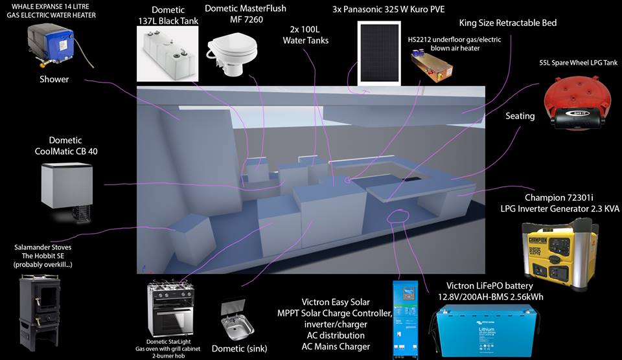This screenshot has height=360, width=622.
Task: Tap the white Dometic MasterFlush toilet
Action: pyautogui.click(x=232, y=56)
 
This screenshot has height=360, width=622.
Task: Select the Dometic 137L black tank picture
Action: pyautogui.click(x=167, y=54)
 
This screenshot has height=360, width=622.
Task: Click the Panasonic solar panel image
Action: pyautogui.click(x=379, y=53)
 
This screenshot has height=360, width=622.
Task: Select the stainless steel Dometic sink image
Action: pyautogui.click(x=237, y=321)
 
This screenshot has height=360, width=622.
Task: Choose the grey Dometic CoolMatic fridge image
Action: pyautogui.click(x=67, y=190)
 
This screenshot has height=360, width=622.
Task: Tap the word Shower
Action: pyautogui.click(x=54, y=79)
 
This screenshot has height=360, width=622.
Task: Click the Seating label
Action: pyautogui.click(x=520, y=116)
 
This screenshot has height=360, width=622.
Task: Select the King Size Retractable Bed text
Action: pyautogui.click(x=508, y=23)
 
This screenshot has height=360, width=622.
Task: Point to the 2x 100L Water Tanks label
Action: pyautogui.click(x=305, y=35)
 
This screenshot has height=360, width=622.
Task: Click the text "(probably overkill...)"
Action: pyautogui.click(x=43, y=265)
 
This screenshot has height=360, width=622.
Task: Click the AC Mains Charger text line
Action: pyautogui.click(x=336, y=346)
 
